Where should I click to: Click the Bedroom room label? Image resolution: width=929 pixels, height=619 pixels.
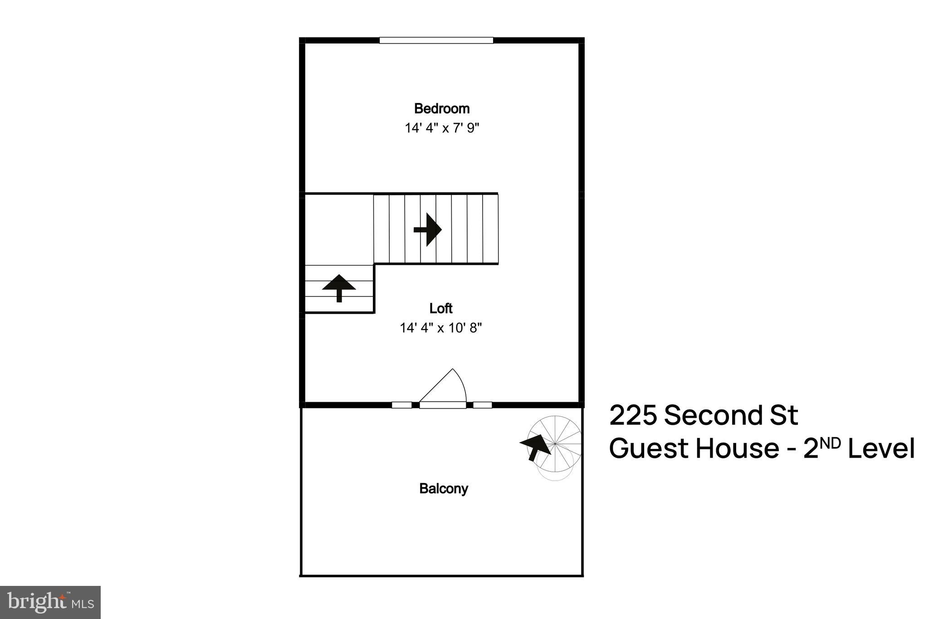441,109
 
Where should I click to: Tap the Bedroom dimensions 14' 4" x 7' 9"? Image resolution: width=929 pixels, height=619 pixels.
442,128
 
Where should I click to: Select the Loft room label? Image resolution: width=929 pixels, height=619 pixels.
441,309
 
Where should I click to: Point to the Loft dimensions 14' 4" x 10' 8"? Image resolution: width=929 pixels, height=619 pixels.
440,328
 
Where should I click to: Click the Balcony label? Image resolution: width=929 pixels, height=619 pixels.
444,489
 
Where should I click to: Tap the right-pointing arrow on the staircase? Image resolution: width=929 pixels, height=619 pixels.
427,230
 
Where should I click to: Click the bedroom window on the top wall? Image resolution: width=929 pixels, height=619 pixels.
436,40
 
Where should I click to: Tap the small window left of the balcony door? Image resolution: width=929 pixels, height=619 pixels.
401,405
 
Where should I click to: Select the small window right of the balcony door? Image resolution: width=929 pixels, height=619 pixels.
482,405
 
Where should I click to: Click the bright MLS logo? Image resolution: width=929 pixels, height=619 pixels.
50,602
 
